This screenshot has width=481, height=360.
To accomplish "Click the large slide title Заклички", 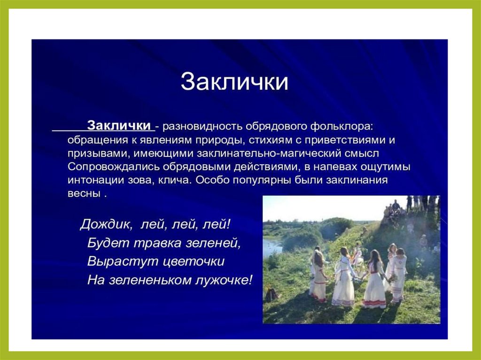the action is [x=234, y=82].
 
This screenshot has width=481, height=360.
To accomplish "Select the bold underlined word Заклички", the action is [x=119, y=125].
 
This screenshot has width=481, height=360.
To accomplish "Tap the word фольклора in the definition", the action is [x=341, y=126].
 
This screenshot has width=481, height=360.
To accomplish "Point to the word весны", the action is [x=85, y=194].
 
